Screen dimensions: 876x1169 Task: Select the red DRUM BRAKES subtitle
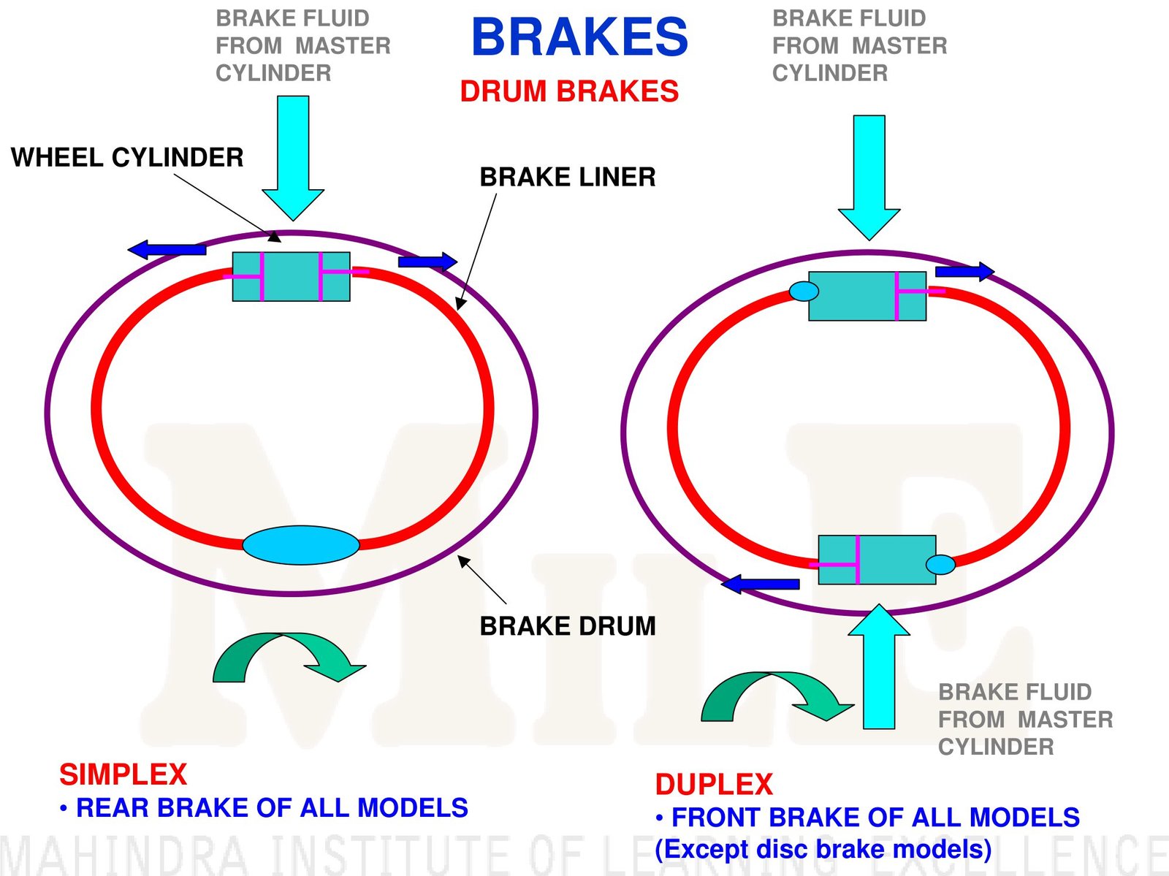click(x=569, y=91)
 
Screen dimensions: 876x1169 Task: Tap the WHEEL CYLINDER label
click(x=127, y=157)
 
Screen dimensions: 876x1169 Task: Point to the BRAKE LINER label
click(x=567, y=177)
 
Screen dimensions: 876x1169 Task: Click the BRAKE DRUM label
click(x=567, y=626)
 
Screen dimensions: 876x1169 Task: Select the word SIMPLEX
click(x=123, y=774)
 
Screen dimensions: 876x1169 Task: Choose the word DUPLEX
click(x=713, y=785)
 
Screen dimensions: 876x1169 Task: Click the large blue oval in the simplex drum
click(x=301, y=545)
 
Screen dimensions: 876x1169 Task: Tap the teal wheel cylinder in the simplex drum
click(x=291, y=277)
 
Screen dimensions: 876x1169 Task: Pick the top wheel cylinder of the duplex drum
click(x=867, y=296)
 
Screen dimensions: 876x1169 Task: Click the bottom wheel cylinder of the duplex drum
click(x=877, y=560)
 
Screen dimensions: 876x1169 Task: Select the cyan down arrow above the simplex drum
click(x=293, y=157)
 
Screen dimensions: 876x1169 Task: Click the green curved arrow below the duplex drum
click(x=774, y=695)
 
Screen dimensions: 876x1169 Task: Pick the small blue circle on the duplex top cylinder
click(x=804, y=292)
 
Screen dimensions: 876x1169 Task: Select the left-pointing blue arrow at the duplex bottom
click(x=761, y=584)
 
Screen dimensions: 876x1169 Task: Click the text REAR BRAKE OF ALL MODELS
click(x=272, y=807)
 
